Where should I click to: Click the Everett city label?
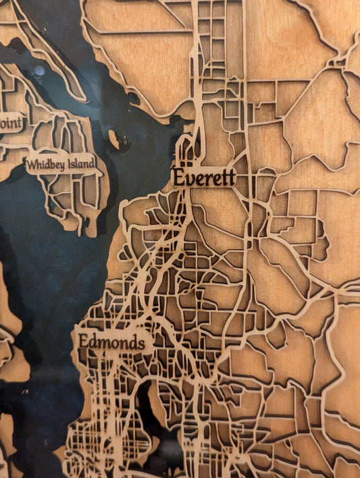click(x=204, y=178)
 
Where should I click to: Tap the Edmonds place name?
click(x=111, y=342)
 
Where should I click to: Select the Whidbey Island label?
click(x=61, y=163)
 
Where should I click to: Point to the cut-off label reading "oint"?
click(x=10, y=123)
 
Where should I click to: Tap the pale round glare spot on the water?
click(x=39, y=70)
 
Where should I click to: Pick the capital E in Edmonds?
click(x=83, y=342)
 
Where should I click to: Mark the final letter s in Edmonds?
click(x=140, y=343)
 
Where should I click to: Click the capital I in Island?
click(x=68, y=163)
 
